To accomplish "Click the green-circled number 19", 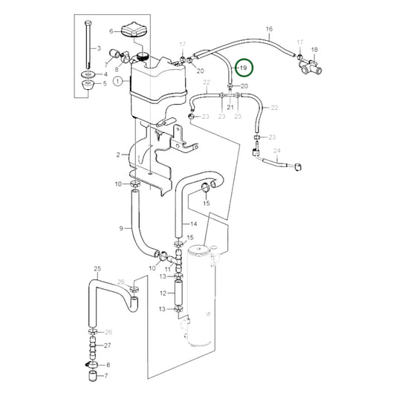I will pos(243,68).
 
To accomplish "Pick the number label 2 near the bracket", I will pos(117,155).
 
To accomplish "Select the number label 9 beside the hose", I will pos(120,229).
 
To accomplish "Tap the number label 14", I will pos(193,223).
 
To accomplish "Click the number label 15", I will pos(207,203).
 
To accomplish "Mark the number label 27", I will pos(108,345).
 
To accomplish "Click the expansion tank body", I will pos(156,89).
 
